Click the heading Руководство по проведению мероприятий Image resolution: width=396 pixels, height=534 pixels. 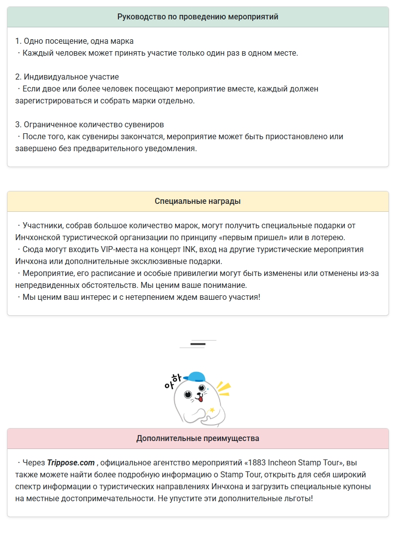point(198,17)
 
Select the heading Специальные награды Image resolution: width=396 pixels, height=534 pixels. point(198,201)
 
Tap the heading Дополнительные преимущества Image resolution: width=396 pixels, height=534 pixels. point(198,439)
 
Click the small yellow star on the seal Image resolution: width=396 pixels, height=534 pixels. point(212,410)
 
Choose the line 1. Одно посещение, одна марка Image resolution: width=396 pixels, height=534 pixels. point(74,41)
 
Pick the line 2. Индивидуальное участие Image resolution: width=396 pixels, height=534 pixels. point(67,77)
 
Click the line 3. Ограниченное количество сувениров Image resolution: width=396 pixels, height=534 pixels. point(90,125)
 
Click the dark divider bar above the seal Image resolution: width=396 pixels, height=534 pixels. point(198,344)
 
